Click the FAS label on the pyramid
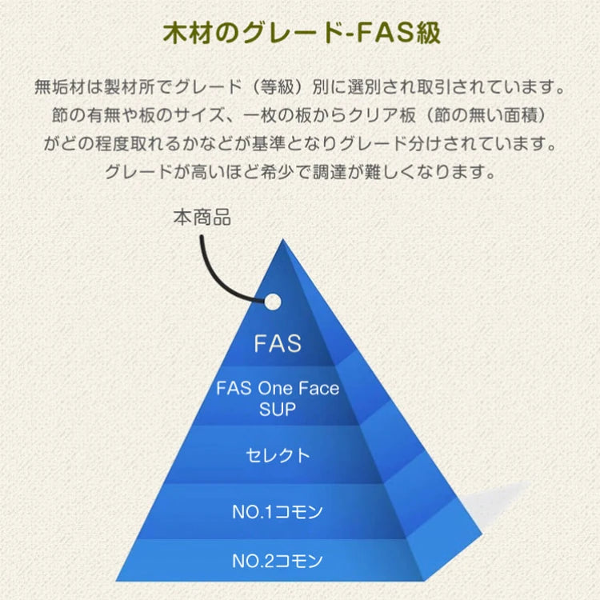[x=278, y=343]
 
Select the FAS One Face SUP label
[x=278, y=398]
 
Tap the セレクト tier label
[x=278, y=455]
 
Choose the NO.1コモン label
[x=278, y=510]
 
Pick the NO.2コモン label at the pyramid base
[x=278, y=560]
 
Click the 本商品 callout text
[x=202, y=217]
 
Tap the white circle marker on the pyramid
[x=273, y=302]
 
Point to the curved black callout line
[x=214, y=268]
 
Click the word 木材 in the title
[x=180, y=36]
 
